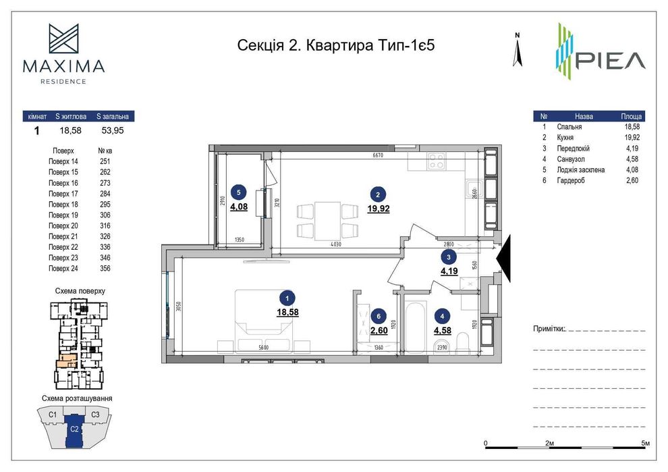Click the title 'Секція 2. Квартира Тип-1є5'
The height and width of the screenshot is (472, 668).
tap(341, 45)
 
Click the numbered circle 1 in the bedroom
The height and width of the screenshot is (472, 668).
tap(288, 296)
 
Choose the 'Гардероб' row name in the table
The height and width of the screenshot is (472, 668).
tap(572, 180)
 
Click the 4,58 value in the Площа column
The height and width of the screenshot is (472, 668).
tap(631, 159)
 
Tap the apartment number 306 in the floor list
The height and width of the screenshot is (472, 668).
tap(105, 215)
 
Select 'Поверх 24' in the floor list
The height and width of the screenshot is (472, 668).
tap(63, 268)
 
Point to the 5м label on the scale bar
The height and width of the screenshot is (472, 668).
tap(645, 442)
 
